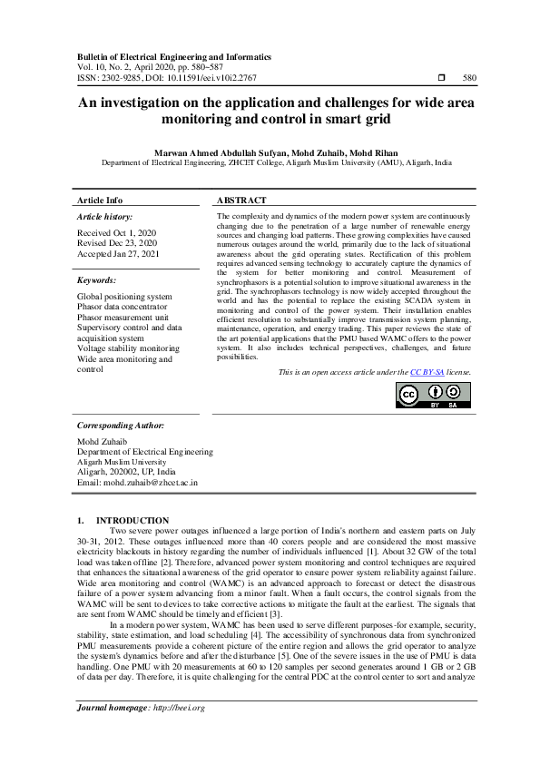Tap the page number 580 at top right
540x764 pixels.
(469, 78)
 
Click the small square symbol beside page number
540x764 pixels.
(441, 78)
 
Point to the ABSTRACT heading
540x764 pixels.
(241, 200)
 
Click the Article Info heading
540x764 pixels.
(100, 200)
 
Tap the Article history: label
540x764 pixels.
(104, 217)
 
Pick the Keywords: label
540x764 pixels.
(96, 281)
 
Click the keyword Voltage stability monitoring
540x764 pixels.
(128, 348)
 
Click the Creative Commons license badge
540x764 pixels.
(433, 395)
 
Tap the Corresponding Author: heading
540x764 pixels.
(121, 425)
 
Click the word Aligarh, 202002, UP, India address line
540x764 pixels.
(127, 472)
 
